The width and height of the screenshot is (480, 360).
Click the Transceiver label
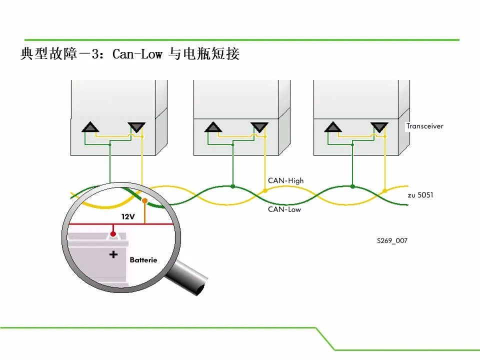[x=424, y=126]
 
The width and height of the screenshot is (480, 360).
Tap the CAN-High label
[x=285, y=180]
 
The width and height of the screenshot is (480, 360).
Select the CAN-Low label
[x=284, y=209]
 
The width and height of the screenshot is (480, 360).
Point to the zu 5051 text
[x=420, y=195]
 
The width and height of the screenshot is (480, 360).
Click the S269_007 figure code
[x=392, y=240]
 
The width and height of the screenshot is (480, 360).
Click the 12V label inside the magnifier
[x=128, y=216]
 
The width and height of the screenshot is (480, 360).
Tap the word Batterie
[x=143, y=260]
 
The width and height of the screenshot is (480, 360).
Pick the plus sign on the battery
[x=113, y=254]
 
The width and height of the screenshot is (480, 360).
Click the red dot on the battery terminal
[x=113, y=234]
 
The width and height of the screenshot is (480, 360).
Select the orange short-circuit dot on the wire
[x=145, y=201]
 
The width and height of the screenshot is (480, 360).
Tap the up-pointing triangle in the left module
[x=90, y=127]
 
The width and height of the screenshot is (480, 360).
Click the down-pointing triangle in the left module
[x=136, y=127]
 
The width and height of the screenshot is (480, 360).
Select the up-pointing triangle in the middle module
[x=213, y=127]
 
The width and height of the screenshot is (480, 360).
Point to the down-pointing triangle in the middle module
[x=259, y=127]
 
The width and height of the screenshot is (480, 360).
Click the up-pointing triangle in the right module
[x=333, y=127]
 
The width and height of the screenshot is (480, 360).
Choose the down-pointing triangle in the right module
[x=379, y=127]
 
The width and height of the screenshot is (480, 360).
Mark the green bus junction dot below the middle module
[x=233, y=186]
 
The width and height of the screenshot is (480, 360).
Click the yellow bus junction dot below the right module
[x=385, y=190]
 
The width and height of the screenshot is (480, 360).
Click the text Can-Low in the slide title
[x=137, y=54]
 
